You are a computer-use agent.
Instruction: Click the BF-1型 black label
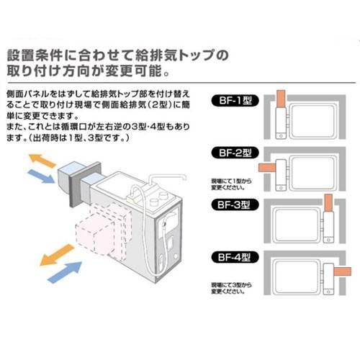point(235,102)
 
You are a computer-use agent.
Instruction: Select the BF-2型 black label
point(235,153)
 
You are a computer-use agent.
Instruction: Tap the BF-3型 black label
point(235,204)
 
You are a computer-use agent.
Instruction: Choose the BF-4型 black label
point(235,256)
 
